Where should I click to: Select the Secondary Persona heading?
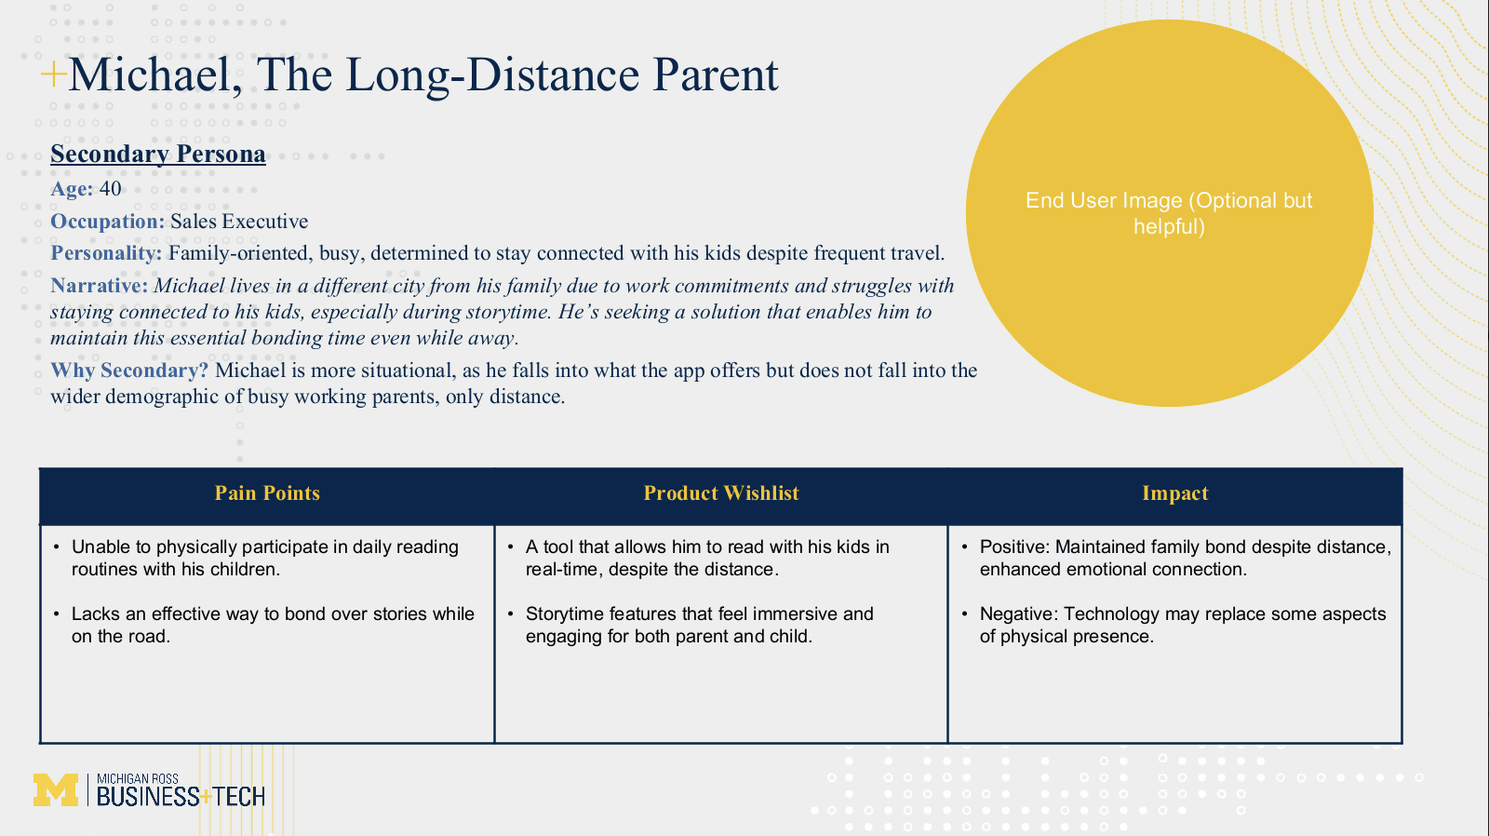click(x=158, y=155)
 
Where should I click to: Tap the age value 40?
click(x=111, y=189)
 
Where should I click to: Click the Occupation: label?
click(x=108, y=222)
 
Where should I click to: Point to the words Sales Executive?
click(x=239, y=222)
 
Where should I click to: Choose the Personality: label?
click(x=106, y=253)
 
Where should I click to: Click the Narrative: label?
click(x=99, y=286)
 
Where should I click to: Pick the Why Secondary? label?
click(x=129, y=371)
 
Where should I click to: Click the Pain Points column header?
click(x=267, y=493)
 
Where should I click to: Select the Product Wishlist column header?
click(x=721, y=493)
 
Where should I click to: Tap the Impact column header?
click(x=1175, y=493)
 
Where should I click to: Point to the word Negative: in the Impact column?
click(x=1019, y=614)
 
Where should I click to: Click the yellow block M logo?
click(x=56, y=790)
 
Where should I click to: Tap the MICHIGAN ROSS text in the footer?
click(x=138, y=779)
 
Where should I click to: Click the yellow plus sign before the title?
click(x=53, y=74)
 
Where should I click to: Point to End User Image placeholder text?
click(x=1169, y=213)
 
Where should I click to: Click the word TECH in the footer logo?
click(x=238, y=797)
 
